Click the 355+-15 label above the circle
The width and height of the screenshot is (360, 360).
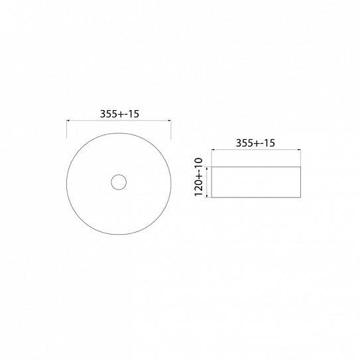coord(119,113)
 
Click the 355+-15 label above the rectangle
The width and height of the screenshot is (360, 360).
coord(255,143)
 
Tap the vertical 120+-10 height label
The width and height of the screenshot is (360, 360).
coord(199,177)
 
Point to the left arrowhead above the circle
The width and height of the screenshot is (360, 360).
coord(68,120)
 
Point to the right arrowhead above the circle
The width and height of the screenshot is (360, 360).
coord(170,120)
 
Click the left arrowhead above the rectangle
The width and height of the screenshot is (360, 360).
coord(213,150)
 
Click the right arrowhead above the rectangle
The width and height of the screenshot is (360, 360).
coord(299,150)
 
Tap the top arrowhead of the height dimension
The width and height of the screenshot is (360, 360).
coord(207,168)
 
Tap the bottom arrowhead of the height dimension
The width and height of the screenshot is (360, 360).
coord(207,196)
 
